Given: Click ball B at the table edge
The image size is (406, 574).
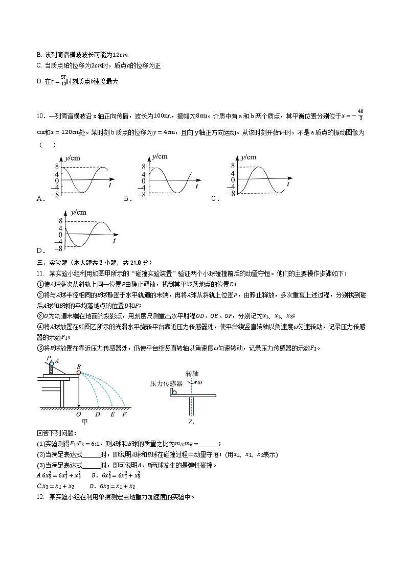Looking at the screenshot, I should tap(79, 373).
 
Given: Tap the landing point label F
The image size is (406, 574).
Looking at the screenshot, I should tap(124, 415).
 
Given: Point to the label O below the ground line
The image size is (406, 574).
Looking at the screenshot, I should tap(78, 415).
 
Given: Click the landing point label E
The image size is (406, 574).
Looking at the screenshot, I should tap(112, 415).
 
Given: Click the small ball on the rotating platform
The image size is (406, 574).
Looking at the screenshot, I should tap(174, 392).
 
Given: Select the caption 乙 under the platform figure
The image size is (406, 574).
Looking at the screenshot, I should tap(191, 422).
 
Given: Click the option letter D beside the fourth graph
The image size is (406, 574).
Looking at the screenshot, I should tap(40, 250).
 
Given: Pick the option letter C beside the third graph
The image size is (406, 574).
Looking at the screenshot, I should tap(214, 199).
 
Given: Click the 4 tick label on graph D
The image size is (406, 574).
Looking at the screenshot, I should tap(61, 228).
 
